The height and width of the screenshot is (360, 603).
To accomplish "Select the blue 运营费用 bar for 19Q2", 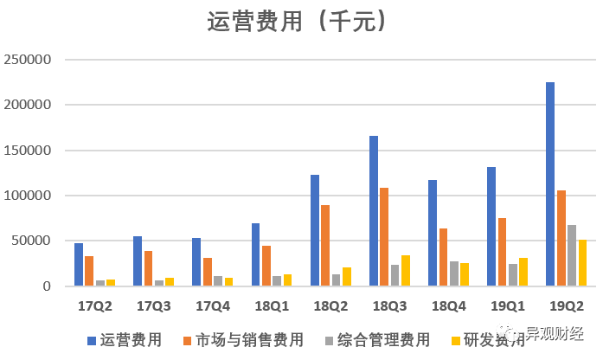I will (550, 184).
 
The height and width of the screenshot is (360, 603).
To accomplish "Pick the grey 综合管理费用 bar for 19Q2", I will (571, 255).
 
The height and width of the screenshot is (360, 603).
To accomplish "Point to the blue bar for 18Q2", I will (315, 230).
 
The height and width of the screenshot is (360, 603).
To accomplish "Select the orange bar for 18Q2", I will (324, 246).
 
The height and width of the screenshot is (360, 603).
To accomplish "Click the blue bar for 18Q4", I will (433, 233).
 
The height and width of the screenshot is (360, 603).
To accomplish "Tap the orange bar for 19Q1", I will (502, 252).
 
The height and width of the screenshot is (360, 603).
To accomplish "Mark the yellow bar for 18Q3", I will (404, 271).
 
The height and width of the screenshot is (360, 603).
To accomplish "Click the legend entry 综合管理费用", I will (381, 340).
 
